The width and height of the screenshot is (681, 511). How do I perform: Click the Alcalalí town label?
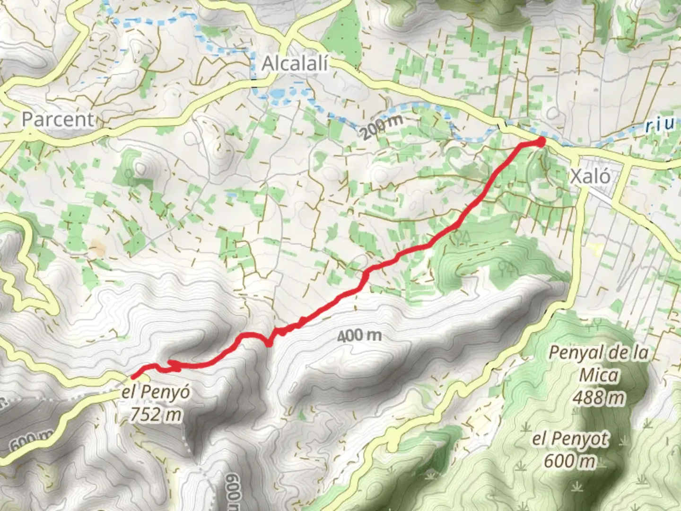coord(296,63)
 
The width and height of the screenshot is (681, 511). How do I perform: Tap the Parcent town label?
coord(58,119)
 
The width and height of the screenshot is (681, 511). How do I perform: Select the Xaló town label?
coord(590,176)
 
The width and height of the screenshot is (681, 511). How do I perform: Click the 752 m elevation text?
coord(156,414)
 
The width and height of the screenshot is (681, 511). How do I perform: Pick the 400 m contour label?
coord(360,336)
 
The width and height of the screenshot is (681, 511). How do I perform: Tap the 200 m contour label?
coord(384,126)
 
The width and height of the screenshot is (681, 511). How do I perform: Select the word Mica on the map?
coord(599,375)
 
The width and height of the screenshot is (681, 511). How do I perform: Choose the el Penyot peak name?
coord(569,439)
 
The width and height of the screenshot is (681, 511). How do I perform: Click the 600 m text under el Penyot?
coord(569,460)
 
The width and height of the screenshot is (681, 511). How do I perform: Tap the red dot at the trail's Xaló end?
coord(541,141)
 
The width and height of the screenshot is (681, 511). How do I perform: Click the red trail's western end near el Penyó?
coord(133,377)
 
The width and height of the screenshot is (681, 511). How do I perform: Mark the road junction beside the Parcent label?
coord(29,135)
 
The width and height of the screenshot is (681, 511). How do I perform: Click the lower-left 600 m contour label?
coord(28,442)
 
